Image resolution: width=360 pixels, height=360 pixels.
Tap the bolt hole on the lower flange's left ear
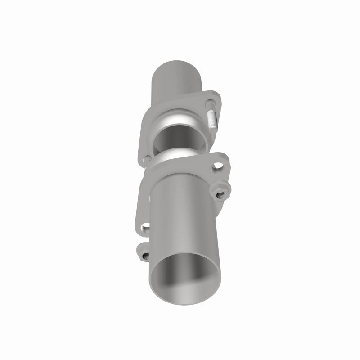point(144,228)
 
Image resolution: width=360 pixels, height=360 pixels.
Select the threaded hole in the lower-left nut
point(145,256)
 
